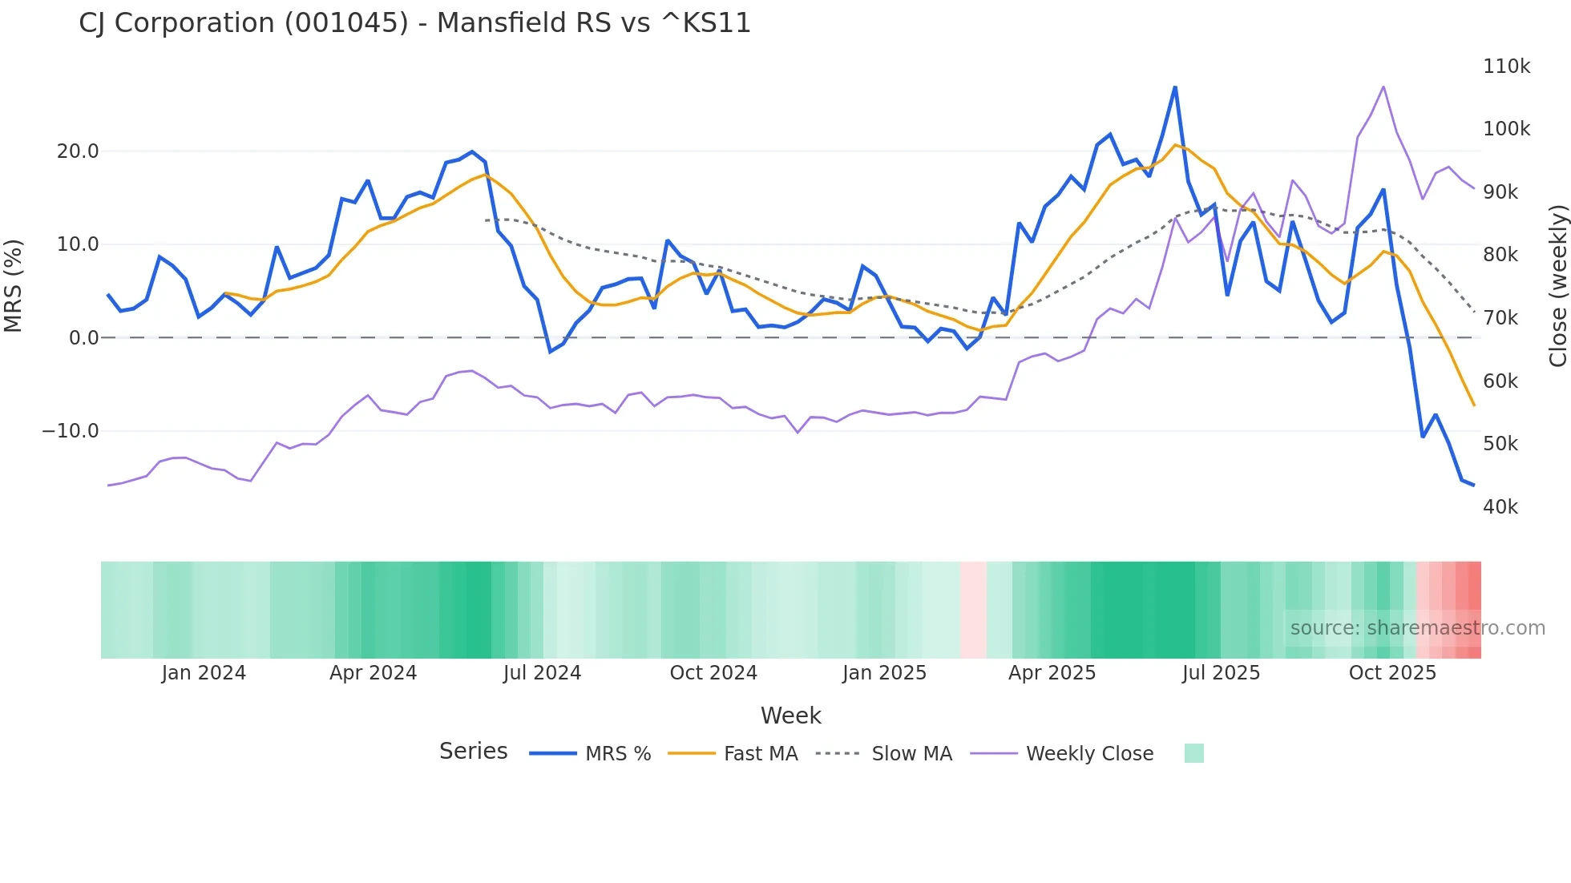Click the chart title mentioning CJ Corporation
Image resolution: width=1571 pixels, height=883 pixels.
click(x=414, y=23)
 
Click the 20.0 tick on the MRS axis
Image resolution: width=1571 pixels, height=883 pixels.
click(x=78, y=151)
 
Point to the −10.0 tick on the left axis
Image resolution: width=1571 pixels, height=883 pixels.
click(x=71, y=431)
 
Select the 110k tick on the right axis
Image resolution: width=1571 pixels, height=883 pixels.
click(x=1506, y=67)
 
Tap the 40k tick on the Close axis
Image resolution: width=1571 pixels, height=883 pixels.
click(x=1500, y=507)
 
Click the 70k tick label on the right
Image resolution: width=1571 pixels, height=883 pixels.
click(x=1500, y=318)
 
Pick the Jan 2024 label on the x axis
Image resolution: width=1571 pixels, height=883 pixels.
click(x=204, y=673)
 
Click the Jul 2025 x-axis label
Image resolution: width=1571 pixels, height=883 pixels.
click(x=1221, y=673)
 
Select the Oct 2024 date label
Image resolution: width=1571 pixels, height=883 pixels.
click(x=713, y=673)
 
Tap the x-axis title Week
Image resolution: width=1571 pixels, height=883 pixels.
click(x=790, y=716)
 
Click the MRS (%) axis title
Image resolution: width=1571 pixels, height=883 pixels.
click(x=14, y=286)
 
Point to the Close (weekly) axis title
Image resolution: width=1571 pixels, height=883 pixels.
click(x=1557, y=286)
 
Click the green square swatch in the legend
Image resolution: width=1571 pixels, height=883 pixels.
click(x=1193, y=753)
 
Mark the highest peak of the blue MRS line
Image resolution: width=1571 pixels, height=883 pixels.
click(x=1175, y=87)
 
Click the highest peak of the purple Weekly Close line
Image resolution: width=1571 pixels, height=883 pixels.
click(x=1383, y=87)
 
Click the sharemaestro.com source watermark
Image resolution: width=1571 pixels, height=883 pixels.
click(x=1417, y=628)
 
